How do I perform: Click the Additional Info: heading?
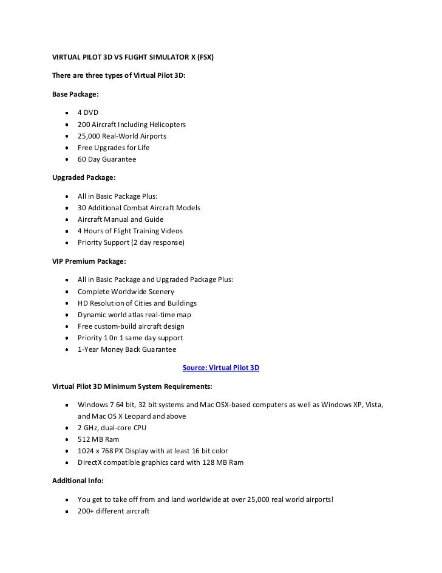click(x=78, y=480)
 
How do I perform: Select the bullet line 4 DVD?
click(x=88, y=113)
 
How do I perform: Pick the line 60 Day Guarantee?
click(x=107, y=159)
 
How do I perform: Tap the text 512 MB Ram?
click(x=99, y=440)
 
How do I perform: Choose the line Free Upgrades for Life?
click(x=114, y=148)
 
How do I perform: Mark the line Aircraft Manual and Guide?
click(x=120, y=219)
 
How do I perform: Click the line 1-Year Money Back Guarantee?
click(x=127, y=349)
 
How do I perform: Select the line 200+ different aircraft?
click(x=113, y=512)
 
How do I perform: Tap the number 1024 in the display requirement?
click(x=86, y=451)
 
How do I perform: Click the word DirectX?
click(x=91, y=463)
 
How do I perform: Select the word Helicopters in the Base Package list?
click(x=165, y=125)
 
